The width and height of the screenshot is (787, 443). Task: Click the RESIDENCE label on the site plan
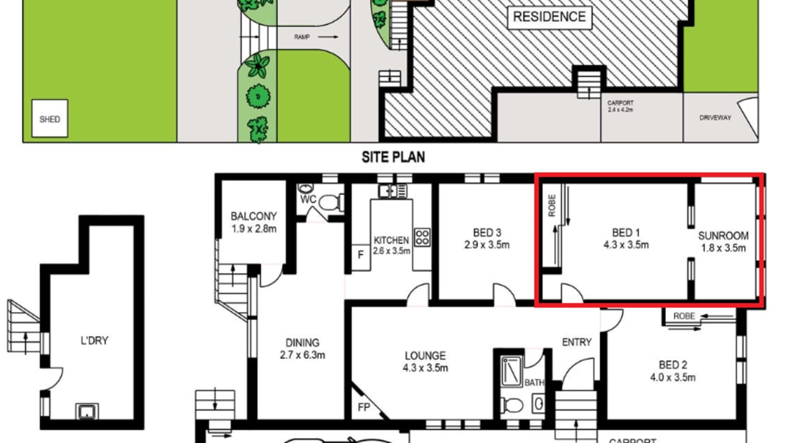coord(549,17)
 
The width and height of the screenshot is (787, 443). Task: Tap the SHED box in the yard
coord(50,119)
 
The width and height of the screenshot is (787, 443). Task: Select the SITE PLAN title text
coord(393,158)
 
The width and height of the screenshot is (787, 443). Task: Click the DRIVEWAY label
coord(715,117)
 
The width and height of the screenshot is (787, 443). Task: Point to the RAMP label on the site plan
coord(303,38)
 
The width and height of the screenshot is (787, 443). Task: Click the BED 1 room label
coord(626,233)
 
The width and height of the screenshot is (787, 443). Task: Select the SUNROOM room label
coord(723,236)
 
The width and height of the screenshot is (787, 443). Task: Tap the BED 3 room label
coord(486,233)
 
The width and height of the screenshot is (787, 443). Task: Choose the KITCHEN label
coord(391,240)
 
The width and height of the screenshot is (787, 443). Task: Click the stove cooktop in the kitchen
coord(422,237)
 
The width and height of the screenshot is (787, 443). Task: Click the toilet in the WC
coord(330,201)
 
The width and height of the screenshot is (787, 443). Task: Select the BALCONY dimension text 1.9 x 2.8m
coord(253,229)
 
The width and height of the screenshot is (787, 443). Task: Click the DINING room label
coord(302,343)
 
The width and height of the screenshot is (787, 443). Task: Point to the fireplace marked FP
coord(364,407)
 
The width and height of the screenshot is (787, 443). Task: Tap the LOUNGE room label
coord(425,356)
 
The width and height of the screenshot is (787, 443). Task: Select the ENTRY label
coord(576,342)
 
